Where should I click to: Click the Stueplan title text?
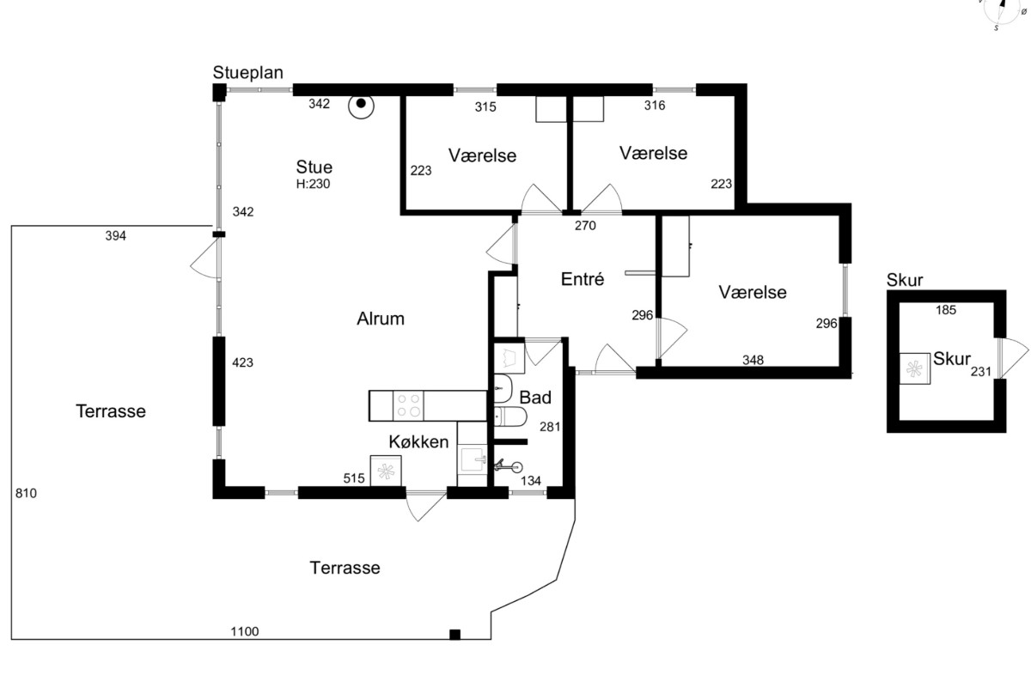(247, 73)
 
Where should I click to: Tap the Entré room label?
(583, 279)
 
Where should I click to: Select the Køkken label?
(418, 441)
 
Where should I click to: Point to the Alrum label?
(381, 319)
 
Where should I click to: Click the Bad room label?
(535, 398)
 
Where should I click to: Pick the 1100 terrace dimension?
(244, 631)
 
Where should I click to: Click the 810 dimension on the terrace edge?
(26, 493)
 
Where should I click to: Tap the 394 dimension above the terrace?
(115, 235)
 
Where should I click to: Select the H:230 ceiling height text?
(313, 184)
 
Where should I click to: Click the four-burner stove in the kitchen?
(409, 405)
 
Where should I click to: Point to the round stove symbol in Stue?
(362, 106)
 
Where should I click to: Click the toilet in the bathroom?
(510, 416)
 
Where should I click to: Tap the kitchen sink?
(473, 459)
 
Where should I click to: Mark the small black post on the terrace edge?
(454, 635)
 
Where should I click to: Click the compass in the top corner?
(1002, 9)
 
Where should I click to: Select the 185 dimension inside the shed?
(946, 310)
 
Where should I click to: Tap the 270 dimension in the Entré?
(585, 226)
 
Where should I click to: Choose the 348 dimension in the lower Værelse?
(753, 360)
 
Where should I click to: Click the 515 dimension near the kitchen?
(354, 478)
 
